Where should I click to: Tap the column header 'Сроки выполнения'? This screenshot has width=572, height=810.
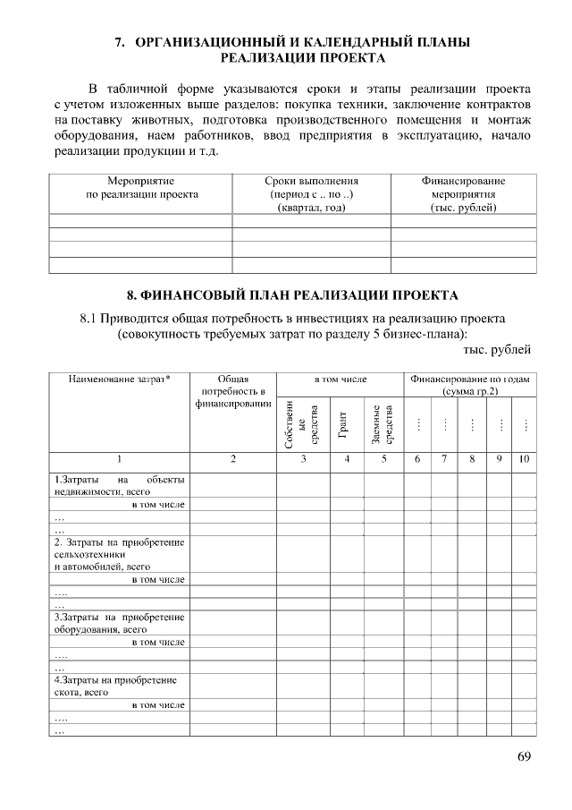coord(312,181)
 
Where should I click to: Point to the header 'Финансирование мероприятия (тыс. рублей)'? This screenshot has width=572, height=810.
coord(463,194)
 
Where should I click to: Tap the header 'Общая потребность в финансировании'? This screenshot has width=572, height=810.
coord(232,391)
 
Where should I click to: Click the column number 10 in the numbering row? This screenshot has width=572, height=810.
coord(525,459)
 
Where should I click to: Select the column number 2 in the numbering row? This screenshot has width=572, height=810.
coord(232,459)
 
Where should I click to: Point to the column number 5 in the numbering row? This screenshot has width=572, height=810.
coord(383,459)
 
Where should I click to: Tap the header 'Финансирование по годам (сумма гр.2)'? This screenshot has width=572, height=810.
coord(469,386)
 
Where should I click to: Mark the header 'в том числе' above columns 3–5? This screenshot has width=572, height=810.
coord(341,379)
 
